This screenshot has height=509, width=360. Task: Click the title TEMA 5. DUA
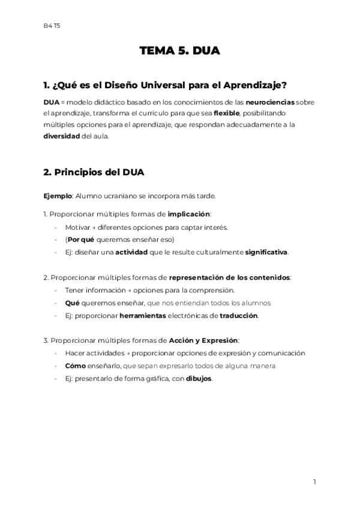(x=180, y=51)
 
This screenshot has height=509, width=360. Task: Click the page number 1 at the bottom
(x=314, y=481)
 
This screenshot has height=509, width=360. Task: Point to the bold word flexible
(x=226, y=113)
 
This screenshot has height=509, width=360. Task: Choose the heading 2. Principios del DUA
(x=94, y=172)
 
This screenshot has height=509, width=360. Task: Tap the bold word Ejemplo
(x=57, y=196)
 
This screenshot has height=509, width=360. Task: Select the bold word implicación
(x=189, y=214)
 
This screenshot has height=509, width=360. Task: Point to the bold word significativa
(x=266, y=252)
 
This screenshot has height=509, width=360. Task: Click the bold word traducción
(x=238, y=315)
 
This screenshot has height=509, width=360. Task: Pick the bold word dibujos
(x=199, y=379)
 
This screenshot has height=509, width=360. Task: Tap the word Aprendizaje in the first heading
(x=262, y=85)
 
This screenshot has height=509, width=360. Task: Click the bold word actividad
(x=131, y=252)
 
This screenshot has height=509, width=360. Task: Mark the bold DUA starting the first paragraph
(x=51, y=102)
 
